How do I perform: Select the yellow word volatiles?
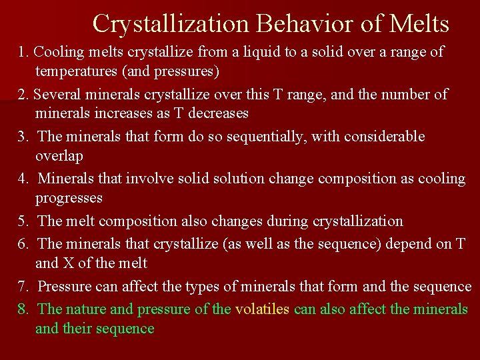point(262,309)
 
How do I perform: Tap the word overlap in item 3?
point(59,155)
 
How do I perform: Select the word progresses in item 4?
point(69,198)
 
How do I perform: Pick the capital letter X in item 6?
point(68,263)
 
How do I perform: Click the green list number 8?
point(23,309)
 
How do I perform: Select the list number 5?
point(23,221)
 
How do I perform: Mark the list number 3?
point(23,137)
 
